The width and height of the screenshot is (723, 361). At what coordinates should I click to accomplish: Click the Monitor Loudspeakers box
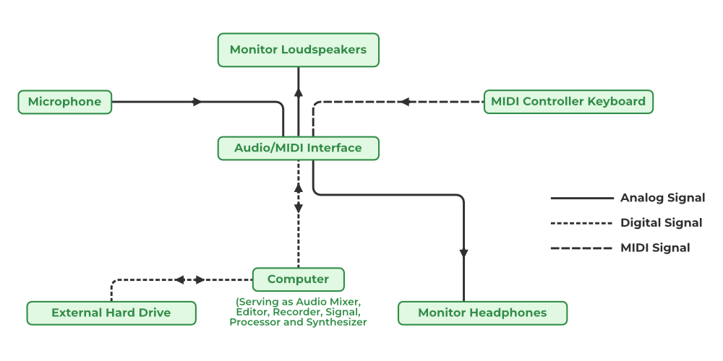pos(298,50)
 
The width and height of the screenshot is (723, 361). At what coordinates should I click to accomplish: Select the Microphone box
pos(64,102)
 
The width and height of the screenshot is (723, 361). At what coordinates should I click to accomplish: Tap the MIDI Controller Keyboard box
pos(568,101)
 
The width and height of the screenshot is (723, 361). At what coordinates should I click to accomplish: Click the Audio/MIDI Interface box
pos(298,148)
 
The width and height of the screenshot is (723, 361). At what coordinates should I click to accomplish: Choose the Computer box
pos(298,279)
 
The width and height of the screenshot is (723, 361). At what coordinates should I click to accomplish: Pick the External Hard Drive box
pos(111,313)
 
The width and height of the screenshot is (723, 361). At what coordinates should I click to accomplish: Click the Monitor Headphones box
pos(482,313)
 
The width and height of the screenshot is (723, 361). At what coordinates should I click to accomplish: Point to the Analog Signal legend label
pos(662,198)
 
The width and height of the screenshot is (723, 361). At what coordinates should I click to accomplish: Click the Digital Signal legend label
pos(661,222)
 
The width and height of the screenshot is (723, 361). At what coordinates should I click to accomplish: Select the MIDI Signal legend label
pos(655,248)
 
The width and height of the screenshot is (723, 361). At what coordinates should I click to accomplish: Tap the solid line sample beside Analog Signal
pos(581,198)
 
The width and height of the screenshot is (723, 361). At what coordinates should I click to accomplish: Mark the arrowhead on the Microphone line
pos(197,102)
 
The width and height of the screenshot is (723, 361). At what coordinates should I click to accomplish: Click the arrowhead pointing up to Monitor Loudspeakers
pos(298,92)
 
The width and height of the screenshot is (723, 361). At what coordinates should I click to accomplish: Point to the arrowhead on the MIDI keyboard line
pos(405,102)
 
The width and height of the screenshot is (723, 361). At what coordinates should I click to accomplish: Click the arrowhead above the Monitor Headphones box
pos(463,253)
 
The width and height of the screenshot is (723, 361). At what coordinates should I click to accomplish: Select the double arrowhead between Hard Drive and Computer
pos(189,279)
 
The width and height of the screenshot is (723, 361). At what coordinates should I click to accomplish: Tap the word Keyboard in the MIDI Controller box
pos(617,101)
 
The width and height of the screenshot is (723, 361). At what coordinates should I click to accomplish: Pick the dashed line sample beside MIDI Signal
pos(581,248)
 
